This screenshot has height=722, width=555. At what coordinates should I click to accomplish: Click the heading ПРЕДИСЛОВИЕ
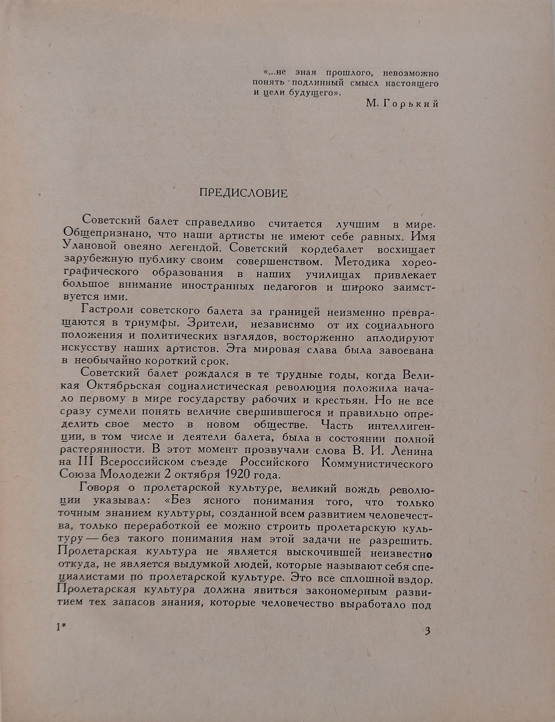point(244,193)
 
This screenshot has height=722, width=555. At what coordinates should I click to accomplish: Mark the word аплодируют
point(400,338)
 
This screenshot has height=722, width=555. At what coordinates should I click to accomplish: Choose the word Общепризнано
point(104,236)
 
